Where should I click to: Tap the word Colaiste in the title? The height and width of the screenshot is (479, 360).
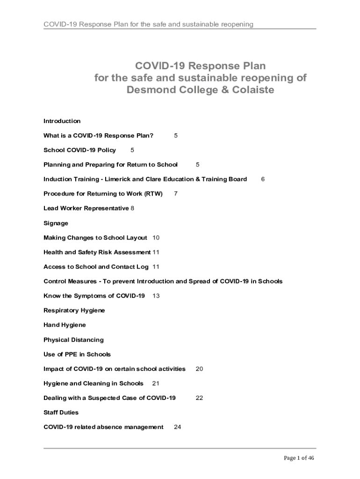coord(248,90)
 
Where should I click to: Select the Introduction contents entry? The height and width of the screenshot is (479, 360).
coord(62,121)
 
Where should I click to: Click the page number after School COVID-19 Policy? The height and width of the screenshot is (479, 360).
coord(132,150)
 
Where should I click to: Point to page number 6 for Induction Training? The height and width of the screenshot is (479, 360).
coord(263,179)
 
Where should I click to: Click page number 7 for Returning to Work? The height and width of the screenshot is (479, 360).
coord(175,194)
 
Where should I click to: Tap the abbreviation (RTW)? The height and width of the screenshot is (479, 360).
coord(153,194)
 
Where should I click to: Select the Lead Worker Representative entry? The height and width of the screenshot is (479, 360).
coord(86,208)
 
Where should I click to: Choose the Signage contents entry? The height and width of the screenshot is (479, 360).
coord(56,223)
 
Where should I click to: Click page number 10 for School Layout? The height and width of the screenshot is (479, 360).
coord(156,238)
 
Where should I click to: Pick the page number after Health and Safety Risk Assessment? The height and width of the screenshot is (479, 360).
coord(156,252)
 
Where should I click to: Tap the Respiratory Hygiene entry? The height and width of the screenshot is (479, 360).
coord(74,311)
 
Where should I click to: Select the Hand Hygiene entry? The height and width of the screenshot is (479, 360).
coord(65,325)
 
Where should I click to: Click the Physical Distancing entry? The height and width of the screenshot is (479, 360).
coord(73,340)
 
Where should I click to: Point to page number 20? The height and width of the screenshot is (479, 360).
coord(199,369)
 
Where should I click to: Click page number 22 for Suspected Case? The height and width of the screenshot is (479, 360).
coord(199,398)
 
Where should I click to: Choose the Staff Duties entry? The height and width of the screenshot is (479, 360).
coord(61,413)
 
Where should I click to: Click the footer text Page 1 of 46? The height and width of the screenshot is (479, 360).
coord(299,458)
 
